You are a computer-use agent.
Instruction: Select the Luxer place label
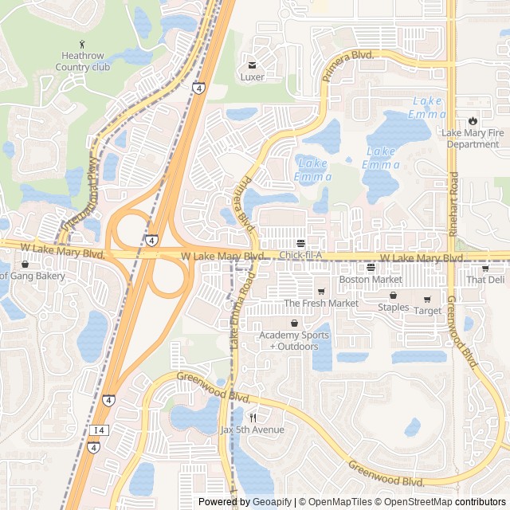[x=252, y=77]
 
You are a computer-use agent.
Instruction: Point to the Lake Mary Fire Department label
[x=472, y=139]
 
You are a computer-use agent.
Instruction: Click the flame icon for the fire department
[x=473, y=121]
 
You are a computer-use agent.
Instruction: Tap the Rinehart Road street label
[x=453, y=204]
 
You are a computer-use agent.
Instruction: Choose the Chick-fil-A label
[x=300, y=254]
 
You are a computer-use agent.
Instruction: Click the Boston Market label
[x=371, y=280]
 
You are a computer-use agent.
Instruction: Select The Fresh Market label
[x=321, y=304]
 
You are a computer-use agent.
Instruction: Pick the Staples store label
[x=393, y=308]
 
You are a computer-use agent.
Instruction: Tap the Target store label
[x=427, y=311]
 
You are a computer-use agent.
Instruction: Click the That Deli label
[x=485, y=280]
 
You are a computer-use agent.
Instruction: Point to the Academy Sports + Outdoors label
[x=294, y=340]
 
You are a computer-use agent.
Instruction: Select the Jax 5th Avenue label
[x=252, y=430]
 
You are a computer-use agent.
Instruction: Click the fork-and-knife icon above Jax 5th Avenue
[x=253, y=417]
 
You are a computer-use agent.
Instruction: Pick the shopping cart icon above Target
[x=427, y=300]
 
